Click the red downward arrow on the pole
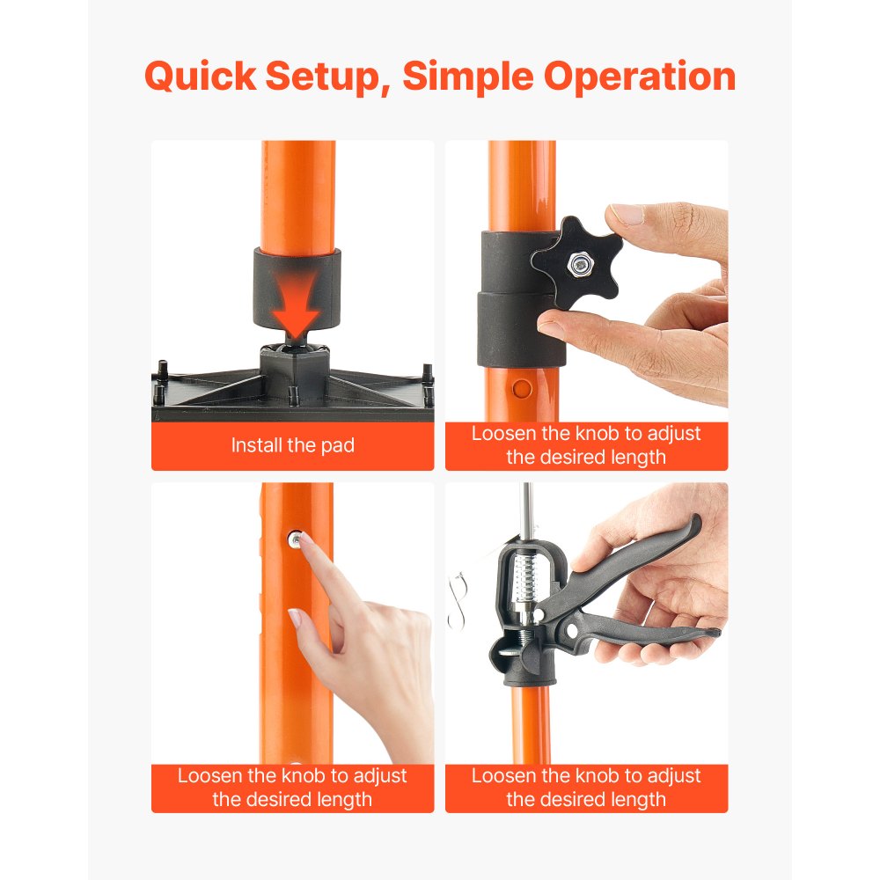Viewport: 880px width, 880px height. pos(297,298)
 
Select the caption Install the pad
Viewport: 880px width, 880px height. pos(292,445)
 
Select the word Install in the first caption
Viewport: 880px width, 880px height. pos(257,445)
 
